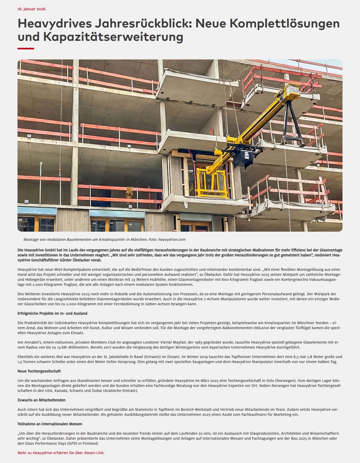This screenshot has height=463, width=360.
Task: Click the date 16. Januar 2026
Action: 31,9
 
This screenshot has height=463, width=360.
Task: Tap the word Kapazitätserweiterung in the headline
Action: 113,37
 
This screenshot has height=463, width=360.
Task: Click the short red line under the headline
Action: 26,48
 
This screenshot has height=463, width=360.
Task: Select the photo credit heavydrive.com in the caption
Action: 172,240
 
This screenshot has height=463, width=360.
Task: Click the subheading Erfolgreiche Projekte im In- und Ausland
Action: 52,313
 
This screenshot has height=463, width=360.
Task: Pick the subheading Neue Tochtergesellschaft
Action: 39,371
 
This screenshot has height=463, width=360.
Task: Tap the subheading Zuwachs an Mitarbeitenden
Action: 42,400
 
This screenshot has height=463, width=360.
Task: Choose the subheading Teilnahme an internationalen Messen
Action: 50,424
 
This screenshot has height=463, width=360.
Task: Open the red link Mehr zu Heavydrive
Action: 61,453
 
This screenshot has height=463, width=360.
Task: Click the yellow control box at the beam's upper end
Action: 292,90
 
